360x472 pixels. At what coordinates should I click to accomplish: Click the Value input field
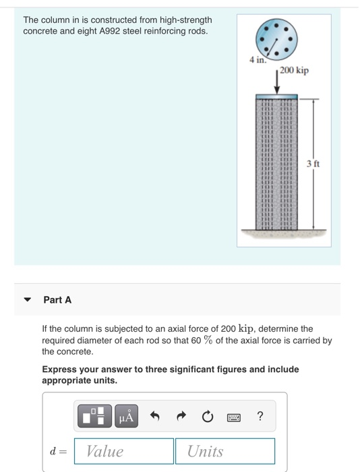[x=123, y=451]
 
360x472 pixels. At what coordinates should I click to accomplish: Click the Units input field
[x=224, y=451]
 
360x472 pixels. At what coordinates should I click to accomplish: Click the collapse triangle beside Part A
[x=27, y=300]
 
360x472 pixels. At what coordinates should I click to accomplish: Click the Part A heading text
[x=57, y=300]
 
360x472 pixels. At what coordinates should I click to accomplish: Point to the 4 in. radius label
[x=257, y=61]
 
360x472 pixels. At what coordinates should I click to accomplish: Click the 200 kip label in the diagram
[x=295, y=70]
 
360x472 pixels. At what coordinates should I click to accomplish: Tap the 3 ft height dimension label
[x=313, y=164]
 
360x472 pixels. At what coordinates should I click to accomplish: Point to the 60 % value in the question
[x=202, y=341]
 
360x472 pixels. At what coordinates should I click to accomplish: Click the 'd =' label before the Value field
[x=57, y=451]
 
